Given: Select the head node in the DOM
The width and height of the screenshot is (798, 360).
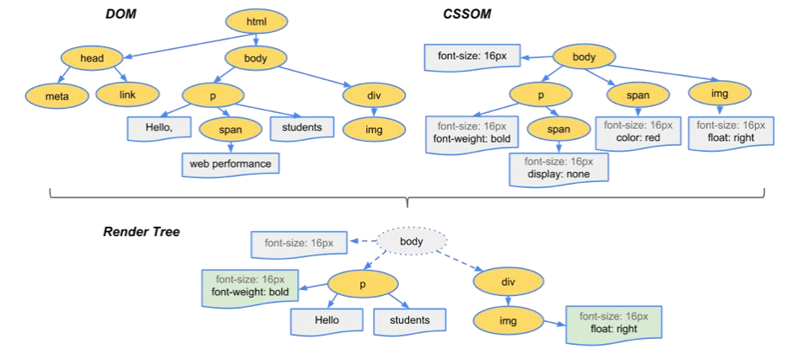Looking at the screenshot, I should coord(92,59).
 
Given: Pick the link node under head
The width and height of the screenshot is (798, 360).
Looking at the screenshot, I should coord(127,95).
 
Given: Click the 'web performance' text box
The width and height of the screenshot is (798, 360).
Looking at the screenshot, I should coord(230,164).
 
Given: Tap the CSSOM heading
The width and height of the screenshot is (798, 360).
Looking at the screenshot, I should coord(466,15).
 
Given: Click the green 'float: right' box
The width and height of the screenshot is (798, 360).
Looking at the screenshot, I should coord(613,323).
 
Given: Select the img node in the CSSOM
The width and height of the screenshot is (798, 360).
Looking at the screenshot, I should coord(719,93).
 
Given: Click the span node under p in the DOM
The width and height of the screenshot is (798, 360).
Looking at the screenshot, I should coord(230,130).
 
